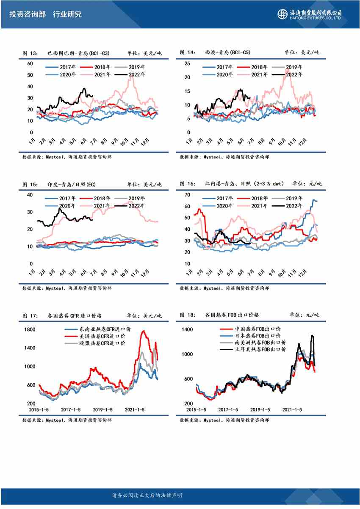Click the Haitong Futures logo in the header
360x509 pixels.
pos(310,14)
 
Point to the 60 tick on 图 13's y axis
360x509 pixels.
pos(30,64)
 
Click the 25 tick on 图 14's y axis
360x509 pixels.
pos(187,64)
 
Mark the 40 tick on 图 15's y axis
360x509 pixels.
pos(30,195)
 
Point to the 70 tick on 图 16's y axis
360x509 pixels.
pos(187,195)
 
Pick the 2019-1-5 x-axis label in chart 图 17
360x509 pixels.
pos(102,410)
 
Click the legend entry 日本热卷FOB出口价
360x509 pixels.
pos(258,336)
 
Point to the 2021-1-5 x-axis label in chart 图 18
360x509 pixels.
pos(291,410)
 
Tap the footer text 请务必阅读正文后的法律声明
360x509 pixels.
pos(147,495)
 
